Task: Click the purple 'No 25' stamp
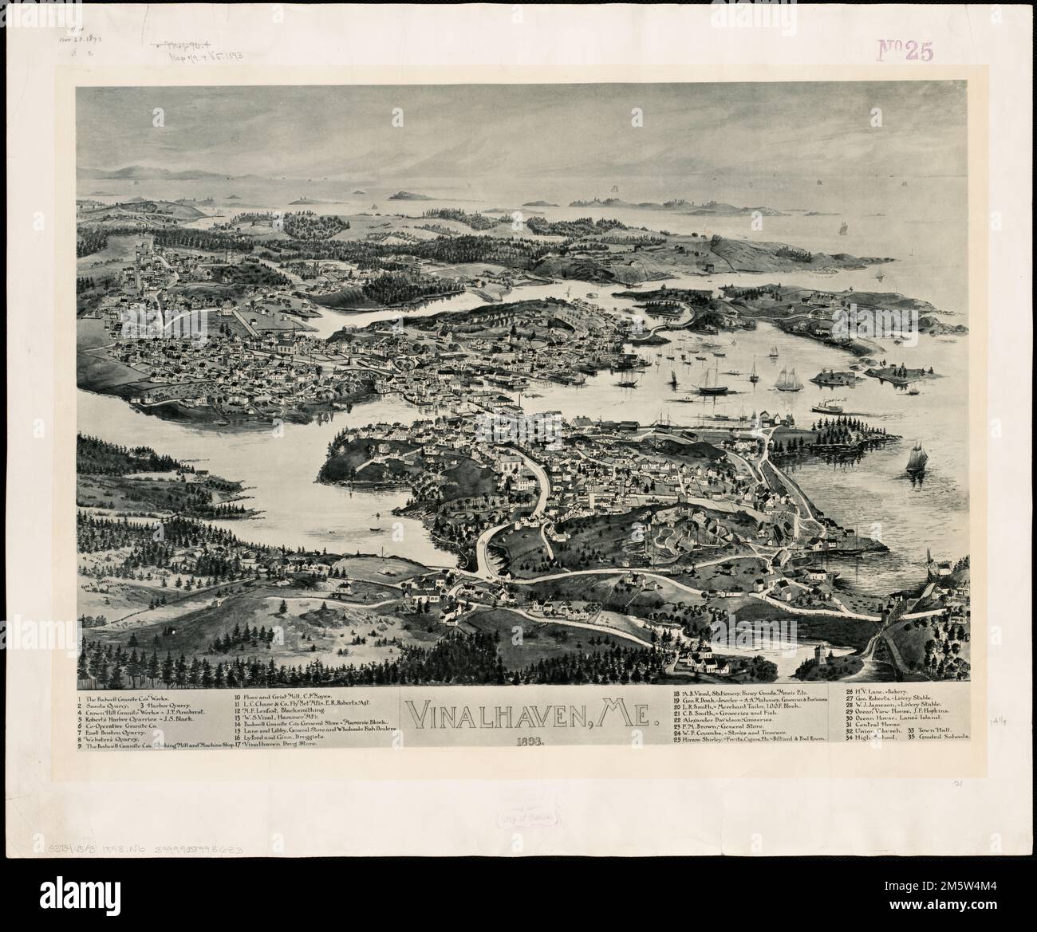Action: point(903,49)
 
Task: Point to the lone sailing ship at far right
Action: point(916,461)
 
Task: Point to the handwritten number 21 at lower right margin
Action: point(957,807)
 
